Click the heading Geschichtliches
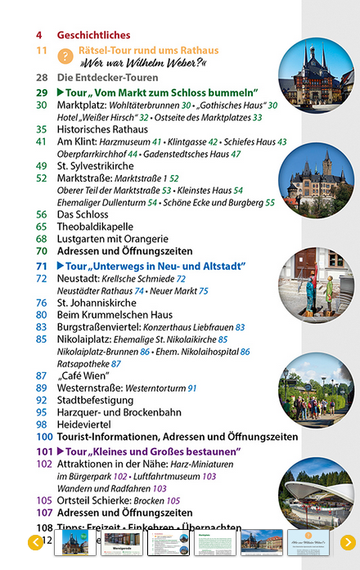[x=93, y=35]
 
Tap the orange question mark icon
[x=66, y=56]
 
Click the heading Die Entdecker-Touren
[x=103, y=78]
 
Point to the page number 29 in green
[x=42, y=92]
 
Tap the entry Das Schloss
[x=84, y=214]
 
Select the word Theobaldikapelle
[x=95, y=227]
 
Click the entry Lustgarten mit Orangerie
[x=115, y=239]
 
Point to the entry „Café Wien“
[x=83, y=375]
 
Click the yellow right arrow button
[x=348, y=542]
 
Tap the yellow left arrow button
[x=35, y=542]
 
